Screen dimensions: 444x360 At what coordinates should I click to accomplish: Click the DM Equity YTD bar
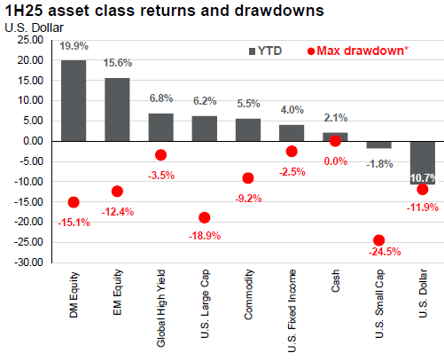pos(74,100)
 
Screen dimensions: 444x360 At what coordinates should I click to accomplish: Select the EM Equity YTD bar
pos(117,109)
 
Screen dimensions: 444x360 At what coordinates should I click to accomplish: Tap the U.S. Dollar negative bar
pos(423,163)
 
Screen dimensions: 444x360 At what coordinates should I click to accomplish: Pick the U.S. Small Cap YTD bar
pos(379,145)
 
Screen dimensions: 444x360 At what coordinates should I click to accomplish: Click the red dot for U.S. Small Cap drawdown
pos(379,240)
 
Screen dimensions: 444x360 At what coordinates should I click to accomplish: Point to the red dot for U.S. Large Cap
pos(205,218)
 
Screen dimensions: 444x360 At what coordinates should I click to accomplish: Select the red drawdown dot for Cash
pos(335,141)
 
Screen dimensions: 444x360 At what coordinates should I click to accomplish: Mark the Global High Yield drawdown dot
pos(160,155)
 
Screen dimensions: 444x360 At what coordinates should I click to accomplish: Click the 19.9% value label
pos(74,46)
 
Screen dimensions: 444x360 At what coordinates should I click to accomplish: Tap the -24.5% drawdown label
pos(385,252)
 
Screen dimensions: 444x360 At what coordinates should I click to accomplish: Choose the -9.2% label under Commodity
pos(248,199)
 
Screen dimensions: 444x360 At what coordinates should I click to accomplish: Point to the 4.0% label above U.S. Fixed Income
pos(292,110)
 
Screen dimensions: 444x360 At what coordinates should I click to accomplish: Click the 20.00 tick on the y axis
pos(30,60)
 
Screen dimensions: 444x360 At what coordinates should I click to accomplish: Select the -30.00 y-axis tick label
pos(28,262)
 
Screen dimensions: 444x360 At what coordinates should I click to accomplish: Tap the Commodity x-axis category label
pos(249,294)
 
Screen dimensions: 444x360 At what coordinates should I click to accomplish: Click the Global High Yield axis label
pos(161,309)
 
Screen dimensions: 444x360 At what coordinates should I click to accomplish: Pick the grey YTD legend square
pos(252,51)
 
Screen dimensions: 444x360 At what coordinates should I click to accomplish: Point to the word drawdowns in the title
pos(279,11)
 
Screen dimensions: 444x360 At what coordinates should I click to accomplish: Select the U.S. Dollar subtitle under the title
pos(34,27)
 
